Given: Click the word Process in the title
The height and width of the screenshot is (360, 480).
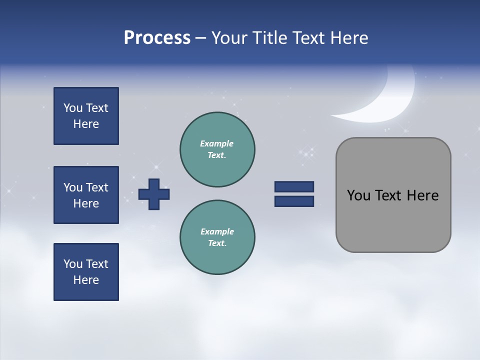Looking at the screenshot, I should (157, 38).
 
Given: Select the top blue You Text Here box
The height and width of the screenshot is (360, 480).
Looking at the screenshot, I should (86, 116).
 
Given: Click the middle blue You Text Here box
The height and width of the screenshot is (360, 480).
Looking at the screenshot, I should (86, 195).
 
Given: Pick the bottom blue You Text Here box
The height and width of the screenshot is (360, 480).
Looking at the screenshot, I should (86, 272).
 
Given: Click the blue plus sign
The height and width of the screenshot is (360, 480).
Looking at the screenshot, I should (154, 194).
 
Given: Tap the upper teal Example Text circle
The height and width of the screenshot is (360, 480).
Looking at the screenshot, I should (217, 149).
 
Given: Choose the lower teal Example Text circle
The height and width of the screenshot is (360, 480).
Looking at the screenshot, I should (217, 237).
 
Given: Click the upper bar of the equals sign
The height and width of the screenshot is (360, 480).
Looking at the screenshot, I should (294, 186).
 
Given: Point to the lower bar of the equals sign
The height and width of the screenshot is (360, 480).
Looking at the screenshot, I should (294, 201).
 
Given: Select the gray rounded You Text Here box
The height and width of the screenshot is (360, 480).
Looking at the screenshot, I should (393, 195).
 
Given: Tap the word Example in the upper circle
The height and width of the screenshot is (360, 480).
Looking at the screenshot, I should (217, 143).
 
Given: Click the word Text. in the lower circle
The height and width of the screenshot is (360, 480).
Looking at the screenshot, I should (217, 243).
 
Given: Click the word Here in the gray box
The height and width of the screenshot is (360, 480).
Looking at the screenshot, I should (422, 195).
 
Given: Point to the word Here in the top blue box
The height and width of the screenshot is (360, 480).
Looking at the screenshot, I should (86, 124).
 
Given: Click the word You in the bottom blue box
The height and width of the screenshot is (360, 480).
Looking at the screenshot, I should (73, 264).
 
